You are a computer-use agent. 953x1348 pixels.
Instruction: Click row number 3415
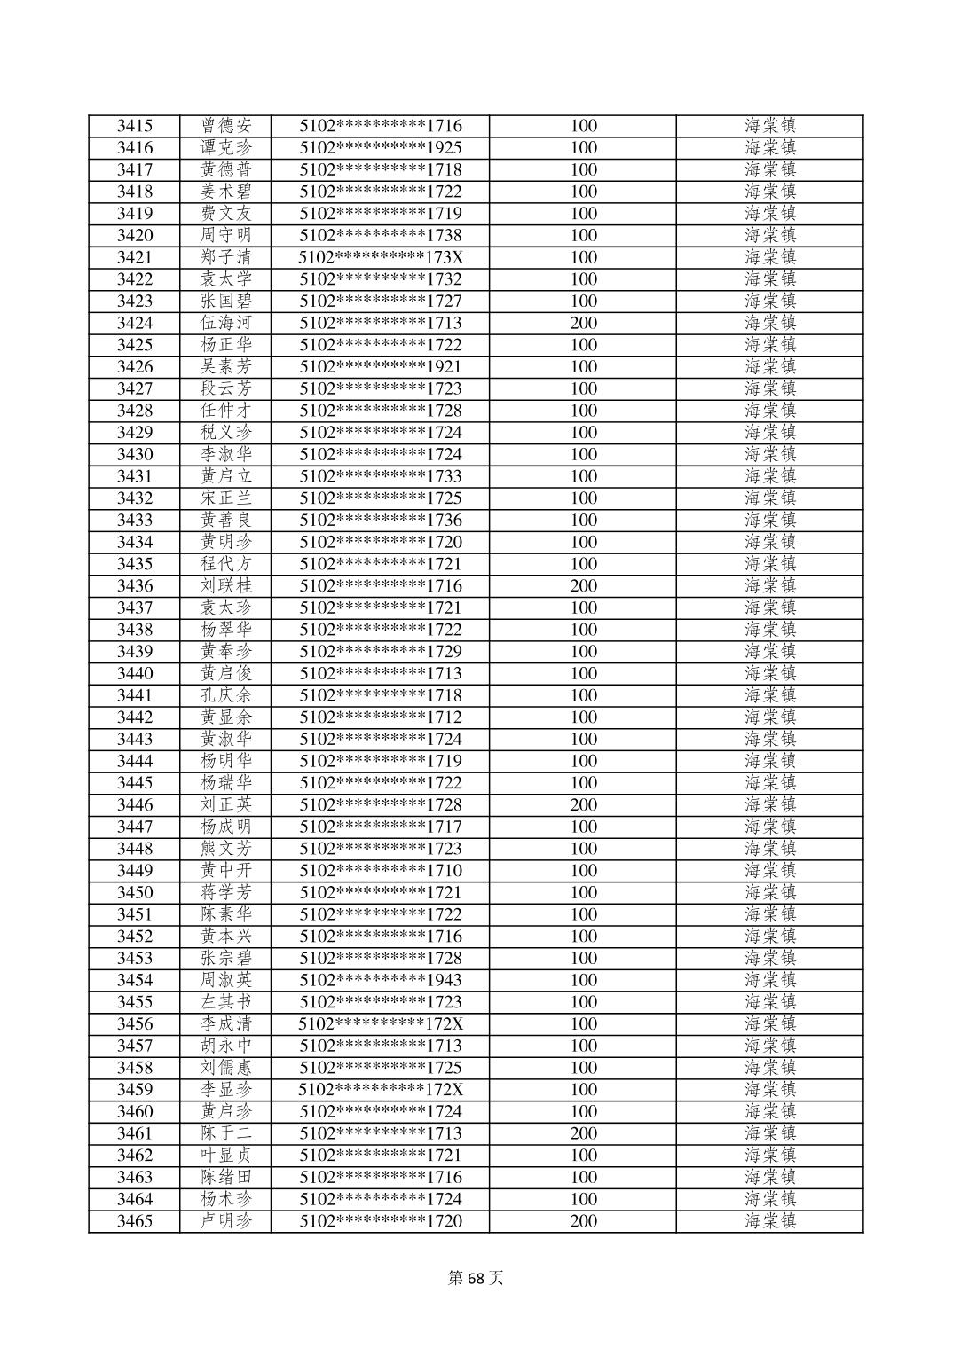click(x=134, y=126)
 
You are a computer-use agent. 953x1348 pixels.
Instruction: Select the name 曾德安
click(x=226, y=126)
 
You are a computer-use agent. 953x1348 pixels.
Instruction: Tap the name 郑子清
click(x=226, y=257)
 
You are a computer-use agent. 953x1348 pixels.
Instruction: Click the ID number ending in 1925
click(x=381, y=148)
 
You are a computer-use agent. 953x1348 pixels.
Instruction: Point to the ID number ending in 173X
click(x=381, y=257)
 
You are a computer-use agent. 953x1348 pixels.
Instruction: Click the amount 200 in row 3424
click(x=583, y=323)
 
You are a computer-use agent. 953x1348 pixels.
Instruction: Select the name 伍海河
click(x=226, y=323)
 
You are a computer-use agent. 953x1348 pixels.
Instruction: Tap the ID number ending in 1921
click(x=381, y=366)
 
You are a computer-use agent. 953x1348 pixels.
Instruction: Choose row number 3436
click(x=134, y=585)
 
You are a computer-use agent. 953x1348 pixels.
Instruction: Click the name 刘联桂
click(x=226, y=585)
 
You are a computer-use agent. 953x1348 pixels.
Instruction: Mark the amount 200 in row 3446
click(x=583, y=804)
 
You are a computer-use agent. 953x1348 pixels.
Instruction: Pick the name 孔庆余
click(x=226, y=695)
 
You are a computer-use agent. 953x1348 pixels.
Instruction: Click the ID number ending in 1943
click(x=381, y=980)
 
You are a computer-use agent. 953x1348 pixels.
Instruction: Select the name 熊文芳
click(x=226, y=849)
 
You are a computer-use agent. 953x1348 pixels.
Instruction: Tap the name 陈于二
click(x=226, y=1133)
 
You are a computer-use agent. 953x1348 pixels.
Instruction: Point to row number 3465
click(x=134, y=1221)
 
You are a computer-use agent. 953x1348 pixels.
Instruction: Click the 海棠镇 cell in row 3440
click(x=769, y=673)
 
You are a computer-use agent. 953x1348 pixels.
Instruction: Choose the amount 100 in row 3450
click(x=583, y=892)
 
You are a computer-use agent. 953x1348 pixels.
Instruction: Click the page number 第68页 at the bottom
click(x=476, y=1278)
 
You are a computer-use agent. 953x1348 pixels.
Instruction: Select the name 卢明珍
click(x=226, y=1221)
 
